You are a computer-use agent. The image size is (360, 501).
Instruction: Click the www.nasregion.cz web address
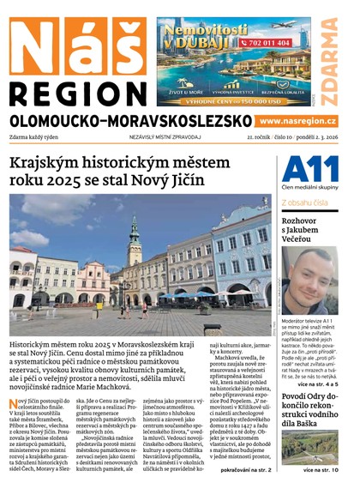[297, 122]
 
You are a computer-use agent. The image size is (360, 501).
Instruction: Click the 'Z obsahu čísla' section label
[304, 202]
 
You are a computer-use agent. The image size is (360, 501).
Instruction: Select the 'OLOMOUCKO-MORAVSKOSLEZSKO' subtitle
[129, 122]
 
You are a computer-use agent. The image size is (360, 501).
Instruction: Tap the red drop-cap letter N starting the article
[15, 403]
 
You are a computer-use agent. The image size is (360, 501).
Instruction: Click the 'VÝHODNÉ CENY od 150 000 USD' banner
[233, 100]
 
